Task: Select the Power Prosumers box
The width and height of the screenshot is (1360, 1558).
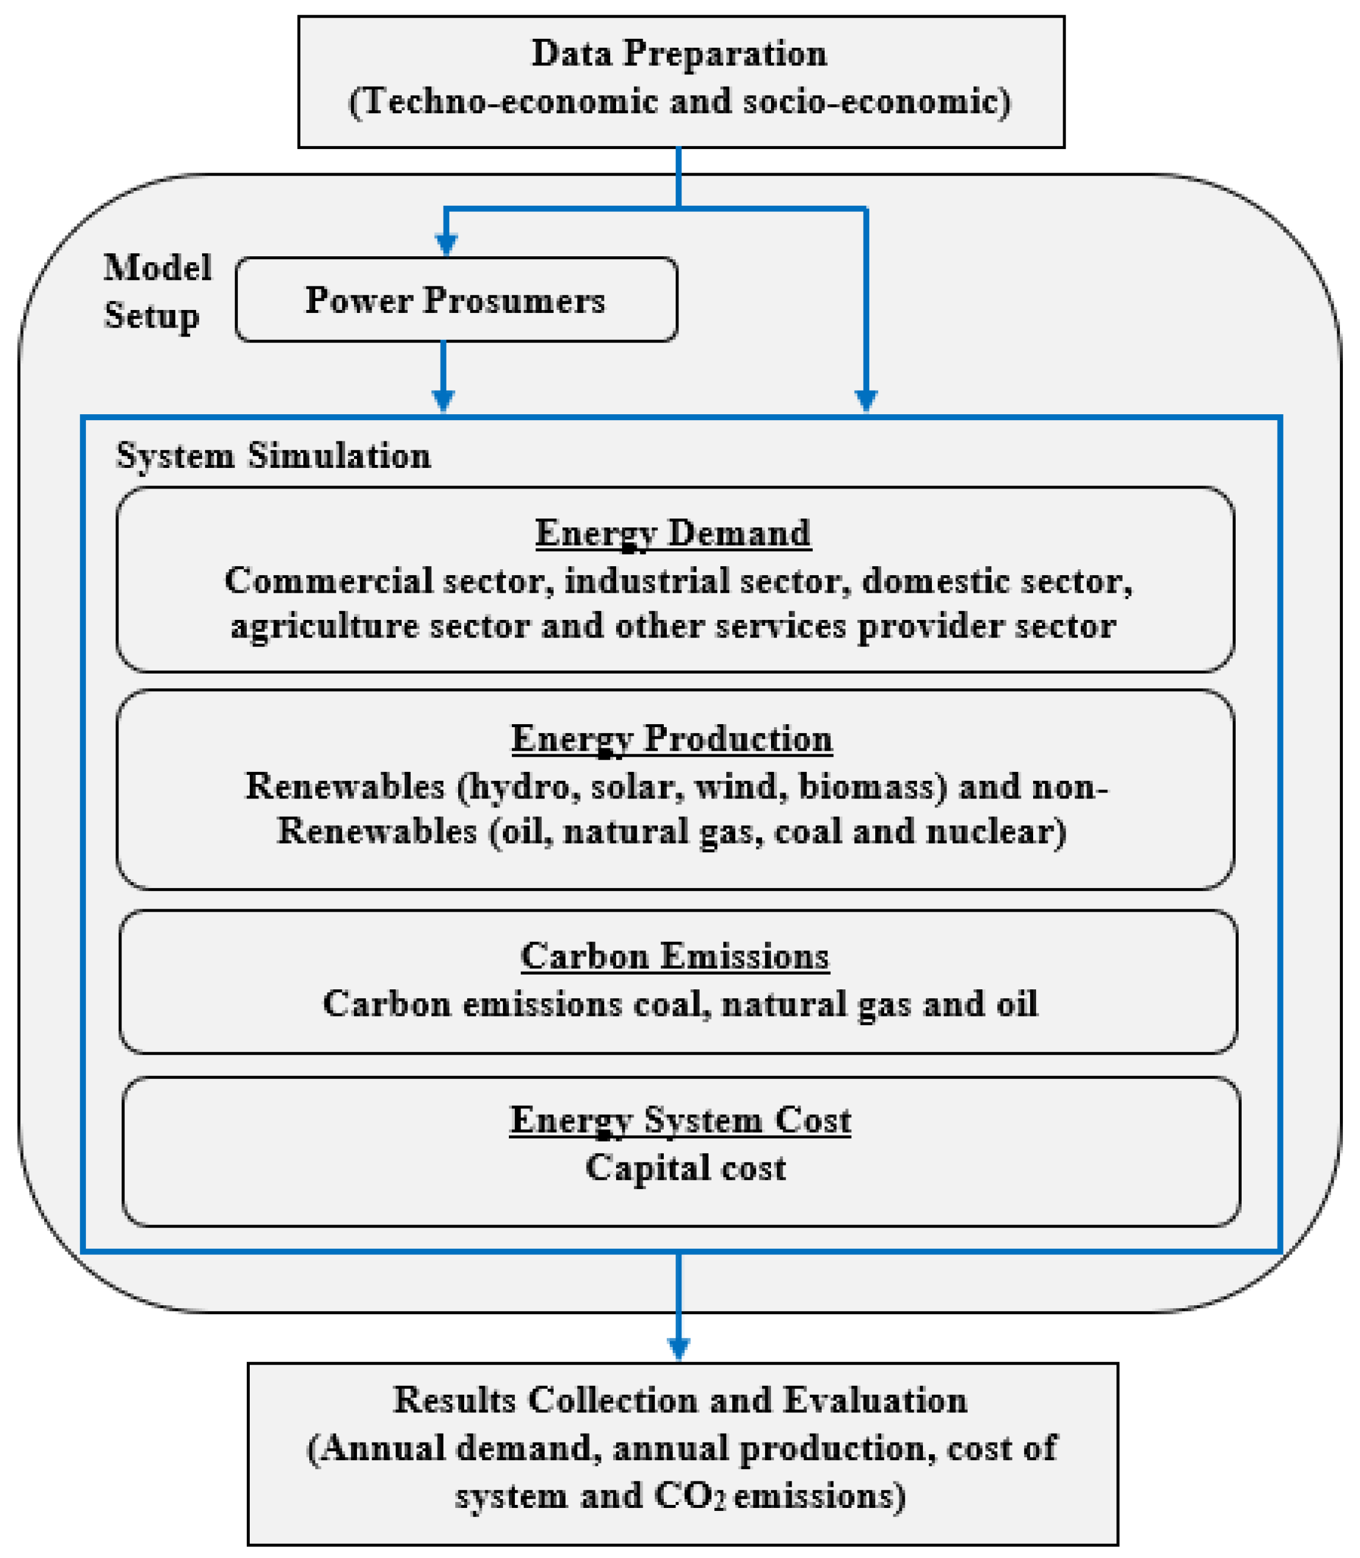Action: point(456,300)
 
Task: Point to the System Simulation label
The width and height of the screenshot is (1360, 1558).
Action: point(273,456)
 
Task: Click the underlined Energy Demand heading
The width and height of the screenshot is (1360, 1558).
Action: point(673,534)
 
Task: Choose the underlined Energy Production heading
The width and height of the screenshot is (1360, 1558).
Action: point(671,739)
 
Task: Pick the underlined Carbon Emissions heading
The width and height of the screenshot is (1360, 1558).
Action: point(674,956)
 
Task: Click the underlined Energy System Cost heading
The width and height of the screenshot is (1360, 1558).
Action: point(680,1120)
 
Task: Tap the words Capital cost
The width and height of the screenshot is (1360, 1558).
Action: point(686,1168)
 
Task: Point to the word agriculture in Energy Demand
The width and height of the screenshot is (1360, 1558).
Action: point(325,627)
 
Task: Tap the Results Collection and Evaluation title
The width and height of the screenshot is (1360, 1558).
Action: point(680,1399)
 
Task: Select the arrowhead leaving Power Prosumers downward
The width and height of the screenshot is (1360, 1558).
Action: point(443,401)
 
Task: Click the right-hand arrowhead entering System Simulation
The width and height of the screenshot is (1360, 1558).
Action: point(866,401)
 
